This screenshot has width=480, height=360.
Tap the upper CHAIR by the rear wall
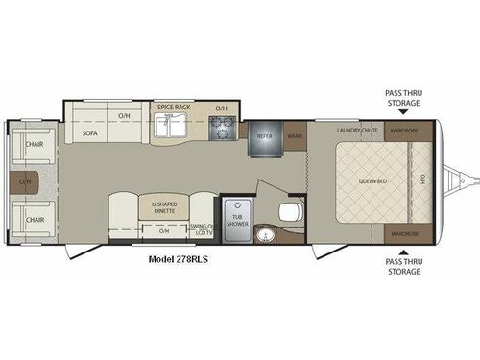tap(35, 145)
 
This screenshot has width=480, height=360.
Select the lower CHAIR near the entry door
tap(35, 219)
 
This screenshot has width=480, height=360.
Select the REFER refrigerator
tap(266, 137)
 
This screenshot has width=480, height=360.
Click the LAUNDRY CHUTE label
tap(358, 130)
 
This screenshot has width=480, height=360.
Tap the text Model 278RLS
tap(181, 258)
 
